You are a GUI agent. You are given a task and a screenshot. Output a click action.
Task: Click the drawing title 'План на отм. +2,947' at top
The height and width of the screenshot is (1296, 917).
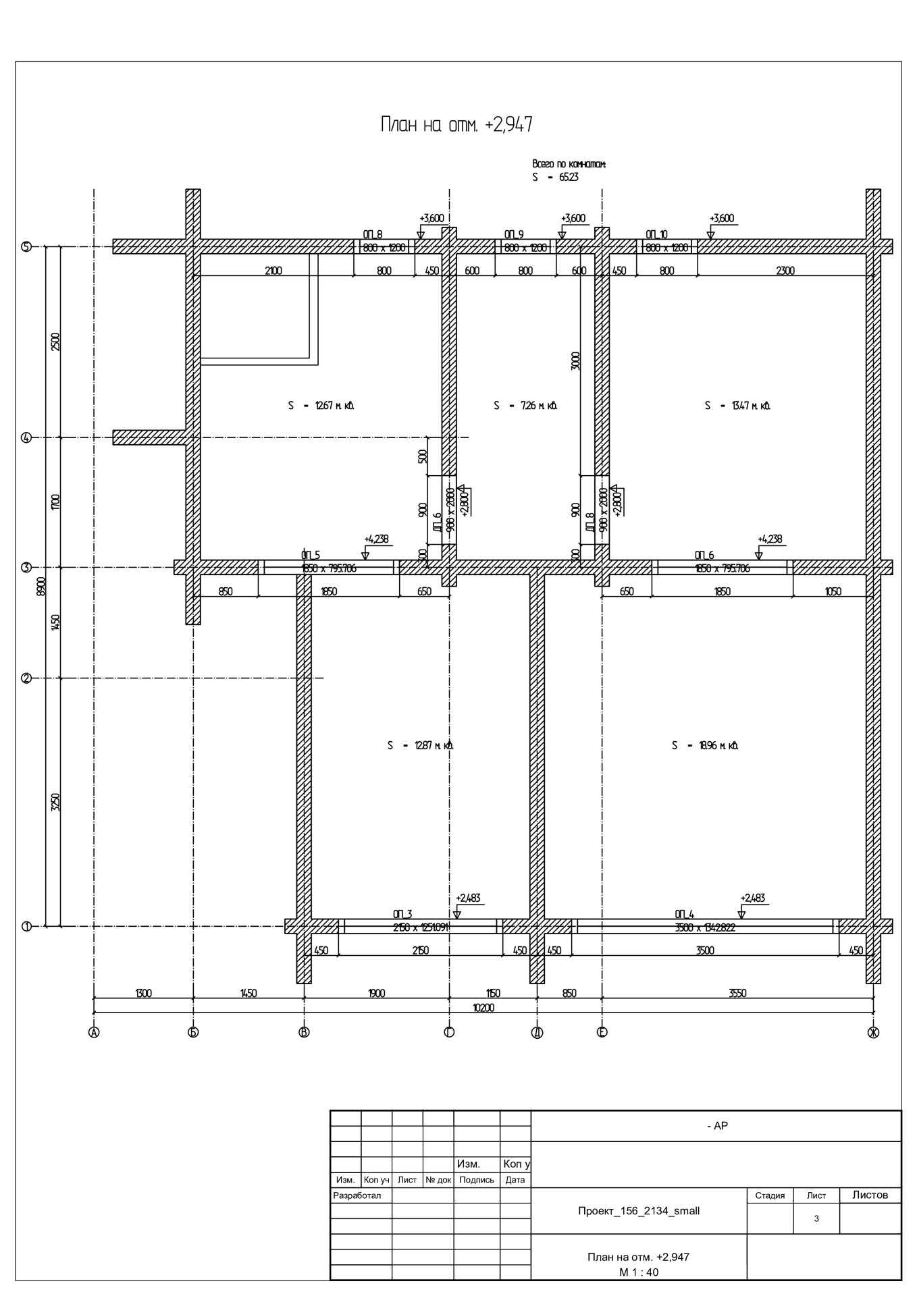coord(456,125)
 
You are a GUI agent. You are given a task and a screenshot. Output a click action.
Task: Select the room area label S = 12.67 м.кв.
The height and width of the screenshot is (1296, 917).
coord(321,406)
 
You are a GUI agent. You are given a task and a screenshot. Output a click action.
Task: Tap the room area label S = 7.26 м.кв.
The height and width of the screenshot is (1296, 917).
coord(525,406)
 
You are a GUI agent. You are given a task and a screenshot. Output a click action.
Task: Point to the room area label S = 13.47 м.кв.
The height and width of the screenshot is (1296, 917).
coord(738,406)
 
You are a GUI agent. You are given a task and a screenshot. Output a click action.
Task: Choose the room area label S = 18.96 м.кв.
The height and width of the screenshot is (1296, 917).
coord(705,746)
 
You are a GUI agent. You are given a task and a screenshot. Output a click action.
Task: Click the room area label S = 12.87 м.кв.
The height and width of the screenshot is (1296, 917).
coord(420,746)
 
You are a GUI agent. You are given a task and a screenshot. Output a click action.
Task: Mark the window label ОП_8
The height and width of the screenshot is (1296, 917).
coord(373,234)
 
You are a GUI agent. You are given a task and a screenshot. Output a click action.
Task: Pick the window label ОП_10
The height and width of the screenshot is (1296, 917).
coord(656,234)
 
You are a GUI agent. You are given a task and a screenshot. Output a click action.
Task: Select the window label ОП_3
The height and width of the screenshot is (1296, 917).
coord(402,915)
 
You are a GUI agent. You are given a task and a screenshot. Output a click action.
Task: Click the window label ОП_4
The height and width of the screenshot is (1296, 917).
coord(684,915)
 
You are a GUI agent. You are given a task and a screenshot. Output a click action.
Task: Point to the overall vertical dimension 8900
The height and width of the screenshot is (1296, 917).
coord(41,587)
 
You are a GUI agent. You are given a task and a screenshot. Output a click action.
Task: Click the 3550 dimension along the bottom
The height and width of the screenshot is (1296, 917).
coord(737,993)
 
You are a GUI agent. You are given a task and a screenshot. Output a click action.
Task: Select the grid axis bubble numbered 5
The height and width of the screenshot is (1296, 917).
coord(26,246)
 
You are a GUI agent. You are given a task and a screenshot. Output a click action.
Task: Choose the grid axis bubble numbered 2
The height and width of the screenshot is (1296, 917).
coord(26,678)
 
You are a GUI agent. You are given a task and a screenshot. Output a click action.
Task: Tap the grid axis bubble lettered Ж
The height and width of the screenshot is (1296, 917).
coord(873,1032)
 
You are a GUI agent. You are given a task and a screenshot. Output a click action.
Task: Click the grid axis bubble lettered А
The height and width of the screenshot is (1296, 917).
coord(94,1032)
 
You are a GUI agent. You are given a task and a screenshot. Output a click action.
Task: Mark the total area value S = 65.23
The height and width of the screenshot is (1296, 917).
coord(556,178)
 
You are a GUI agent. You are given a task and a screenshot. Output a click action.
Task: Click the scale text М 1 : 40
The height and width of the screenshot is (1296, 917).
coord(638,1272)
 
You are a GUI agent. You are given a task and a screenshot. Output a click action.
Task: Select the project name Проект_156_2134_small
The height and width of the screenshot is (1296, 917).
coord(638,1211)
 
